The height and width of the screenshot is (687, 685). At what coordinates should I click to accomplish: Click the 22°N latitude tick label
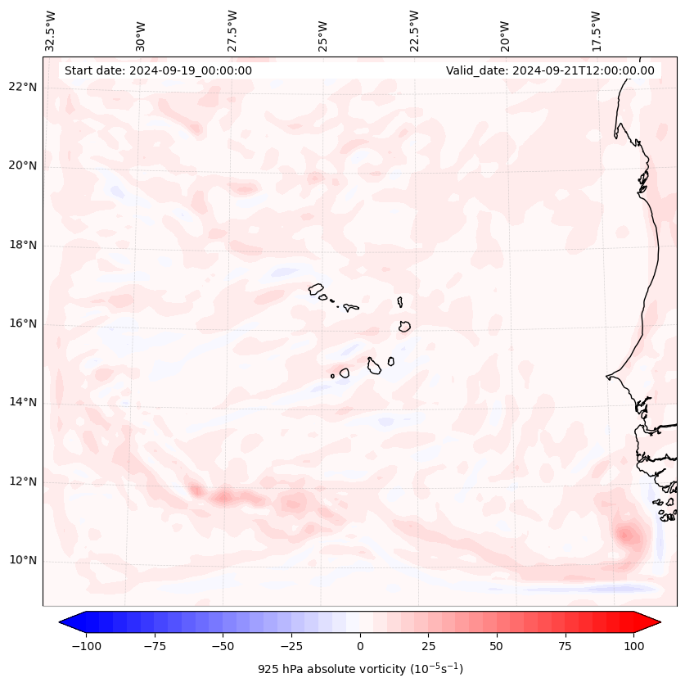pos(24,87)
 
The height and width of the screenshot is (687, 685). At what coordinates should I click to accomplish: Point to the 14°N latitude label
pos(24,402)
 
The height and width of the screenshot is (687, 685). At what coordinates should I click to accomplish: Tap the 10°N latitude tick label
pos(24,561)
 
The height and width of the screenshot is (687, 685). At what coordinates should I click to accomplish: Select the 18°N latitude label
pos(24,245)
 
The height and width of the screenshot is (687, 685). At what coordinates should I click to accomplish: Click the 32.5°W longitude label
pos(51,31)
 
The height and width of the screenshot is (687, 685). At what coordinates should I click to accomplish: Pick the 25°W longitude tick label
pos(323,31)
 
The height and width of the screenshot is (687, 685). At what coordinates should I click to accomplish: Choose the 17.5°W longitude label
pos(596,31)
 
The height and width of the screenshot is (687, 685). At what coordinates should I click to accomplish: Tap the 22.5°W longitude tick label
pos(413,31)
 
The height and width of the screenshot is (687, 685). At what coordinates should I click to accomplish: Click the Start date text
pos(158,70)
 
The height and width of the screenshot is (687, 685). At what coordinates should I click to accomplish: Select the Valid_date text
pos(550,70)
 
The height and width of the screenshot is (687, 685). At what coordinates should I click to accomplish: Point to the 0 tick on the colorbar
pos(360,646)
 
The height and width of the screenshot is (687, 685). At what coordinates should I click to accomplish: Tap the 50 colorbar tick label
pos(496,646)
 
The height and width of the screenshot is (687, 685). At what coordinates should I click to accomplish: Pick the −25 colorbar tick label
pos(290,646)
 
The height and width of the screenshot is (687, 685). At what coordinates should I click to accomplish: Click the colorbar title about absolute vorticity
pos(360,670)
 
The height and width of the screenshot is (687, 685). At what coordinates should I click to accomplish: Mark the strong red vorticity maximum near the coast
pos(628,536)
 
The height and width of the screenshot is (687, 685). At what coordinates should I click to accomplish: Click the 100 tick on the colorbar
pos(634,646)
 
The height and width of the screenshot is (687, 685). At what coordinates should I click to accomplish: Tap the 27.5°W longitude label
pos(232,31)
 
